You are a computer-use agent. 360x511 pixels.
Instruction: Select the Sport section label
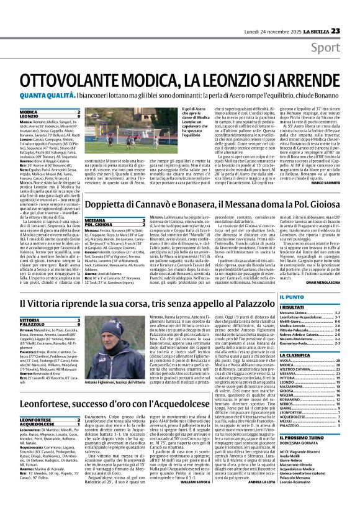(340, 29)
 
